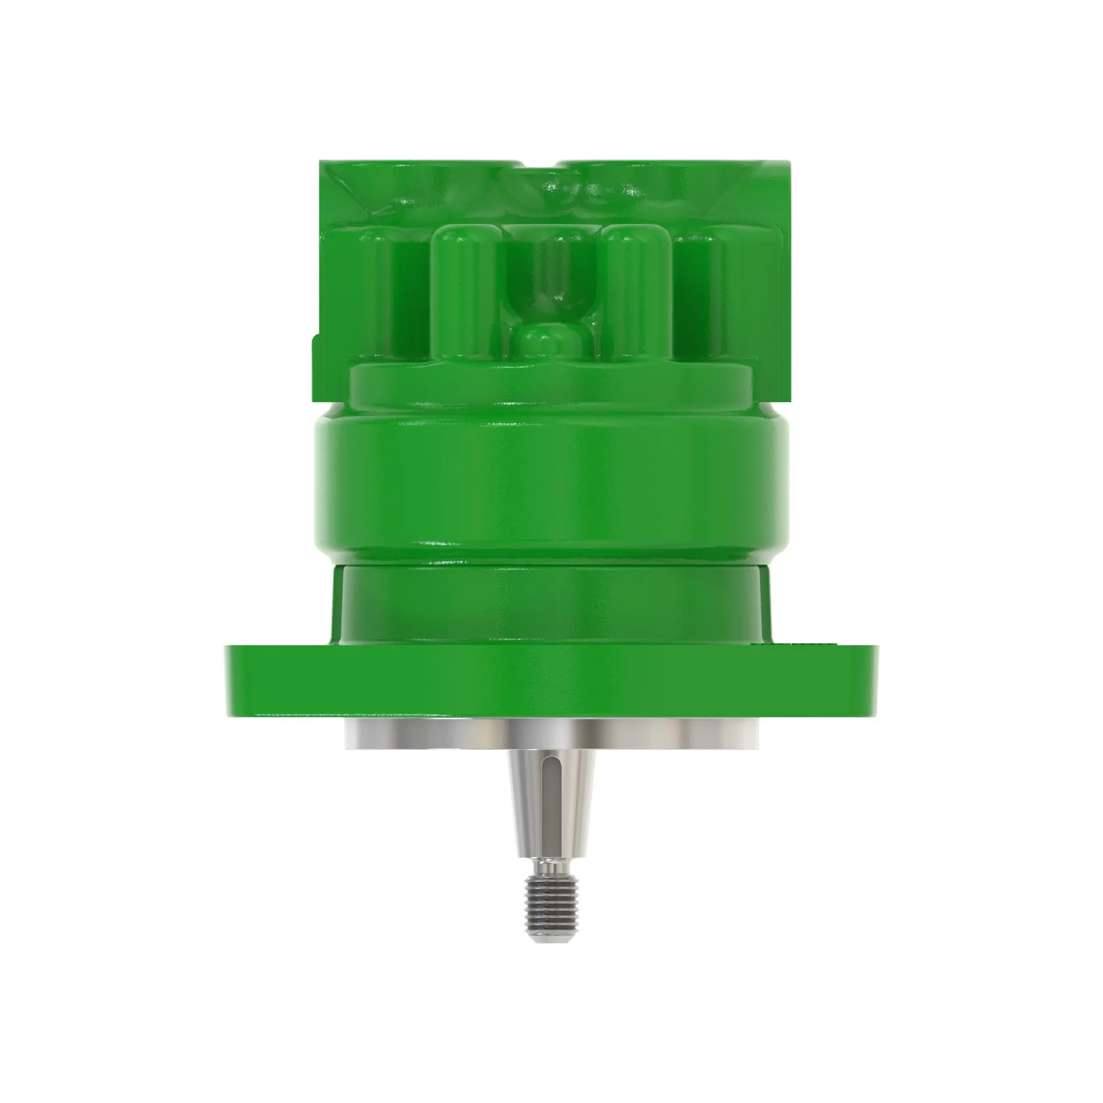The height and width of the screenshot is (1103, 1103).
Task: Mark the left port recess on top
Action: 434,189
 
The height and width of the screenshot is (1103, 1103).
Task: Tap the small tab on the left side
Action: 314,366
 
